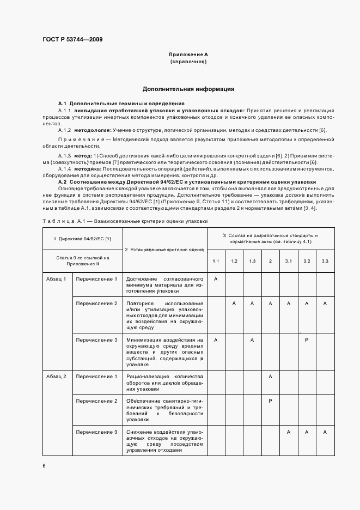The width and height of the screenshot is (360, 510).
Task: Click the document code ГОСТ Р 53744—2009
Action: click(72, 39)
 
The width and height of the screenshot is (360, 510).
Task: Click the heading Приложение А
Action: click(188, 55)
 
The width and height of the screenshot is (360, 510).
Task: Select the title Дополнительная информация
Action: click(188, 88)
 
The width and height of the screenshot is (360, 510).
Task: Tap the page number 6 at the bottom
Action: click(44, 465)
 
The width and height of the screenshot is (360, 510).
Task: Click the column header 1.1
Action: click(216, 261)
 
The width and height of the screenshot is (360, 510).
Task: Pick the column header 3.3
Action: click(325, 261)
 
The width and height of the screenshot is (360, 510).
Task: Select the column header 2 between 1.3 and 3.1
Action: click(270, 261)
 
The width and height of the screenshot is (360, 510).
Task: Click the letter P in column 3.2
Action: click(307, 340)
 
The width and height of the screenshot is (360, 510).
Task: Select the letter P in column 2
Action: click(270, 401)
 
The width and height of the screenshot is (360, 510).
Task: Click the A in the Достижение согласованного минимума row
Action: click(216, 279)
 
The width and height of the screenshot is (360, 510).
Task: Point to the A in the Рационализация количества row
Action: click(270, 377)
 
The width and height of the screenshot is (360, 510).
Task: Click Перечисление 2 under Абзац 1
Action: click(96, 303)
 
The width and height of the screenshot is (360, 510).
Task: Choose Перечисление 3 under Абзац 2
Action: click(96, 432)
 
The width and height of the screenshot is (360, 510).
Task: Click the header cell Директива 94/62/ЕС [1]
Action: click(82, 239)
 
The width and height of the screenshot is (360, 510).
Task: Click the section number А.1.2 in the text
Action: click(65, 130)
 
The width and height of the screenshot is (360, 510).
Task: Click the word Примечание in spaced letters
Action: click(79, 140)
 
